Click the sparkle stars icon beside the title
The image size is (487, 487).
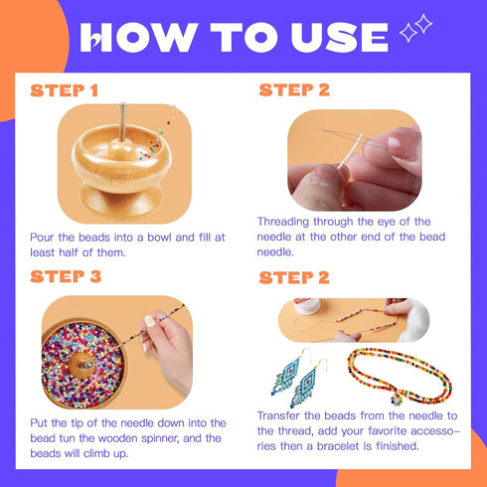pos(415,31)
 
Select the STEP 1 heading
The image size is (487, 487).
pos(65,90)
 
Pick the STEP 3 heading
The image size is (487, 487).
pos(67,275)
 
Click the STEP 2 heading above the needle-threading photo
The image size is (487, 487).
pos(293,90)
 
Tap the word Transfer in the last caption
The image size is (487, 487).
pos(281,415)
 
